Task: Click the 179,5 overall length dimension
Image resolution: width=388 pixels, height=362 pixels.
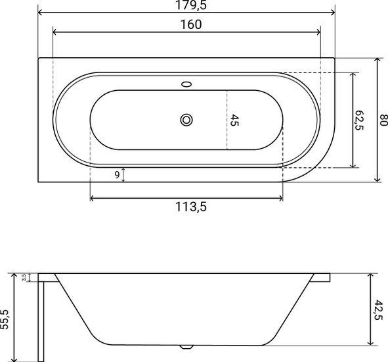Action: (x=191, y=5)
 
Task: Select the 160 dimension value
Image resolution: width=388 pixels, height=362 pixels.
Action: (x=191, y=24)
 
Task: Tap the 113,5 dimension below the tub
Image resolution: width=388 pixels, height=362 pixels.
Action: (x=191, y=207)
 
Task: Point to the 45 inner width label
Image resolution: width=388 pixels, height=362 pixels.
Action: (x=234, y=120)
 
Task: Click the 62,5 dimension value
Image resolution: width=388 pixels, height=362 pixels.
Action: (x=359, y=120)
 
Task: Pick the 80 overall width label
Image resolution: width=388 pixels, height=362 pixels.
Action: (x=384, y=120)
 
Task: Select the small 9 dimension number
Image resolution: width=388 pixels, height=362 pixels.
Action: (x=117, y=175)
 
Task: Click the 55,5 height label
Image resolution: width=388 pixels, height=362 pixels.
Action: (x=5, y=319)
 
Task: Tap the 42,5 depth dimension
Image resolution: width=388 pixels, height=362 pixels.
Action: (x=378, y=310)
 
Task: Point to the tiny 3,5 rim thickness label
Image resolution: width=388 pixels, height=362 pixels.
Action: (x=24, y=278)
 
